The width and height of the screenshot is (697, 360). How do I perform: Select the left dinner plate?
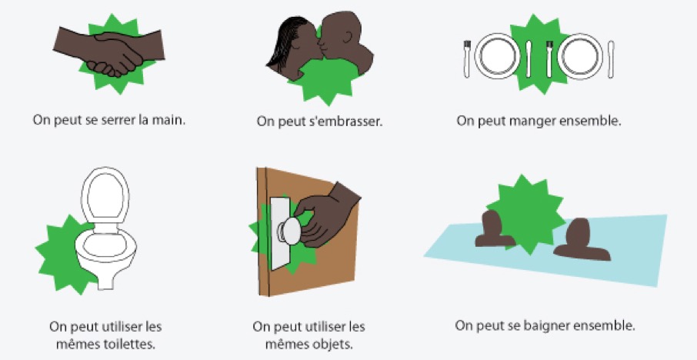[497, 56]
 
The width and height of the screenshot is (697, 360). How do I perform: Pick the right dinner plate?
[580, 56]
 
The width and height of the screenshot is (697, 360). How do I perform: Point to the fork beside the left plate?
[467, 58]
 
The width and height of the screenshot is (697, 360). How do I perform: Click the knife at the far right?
[611, 59]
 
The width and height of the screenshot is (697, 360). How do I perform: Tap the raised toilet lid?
[105, 195]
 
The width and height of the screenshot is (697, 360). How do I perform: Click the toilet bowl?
[106, 253]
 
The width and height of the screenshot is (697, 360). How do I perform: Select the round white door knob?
[290, 231]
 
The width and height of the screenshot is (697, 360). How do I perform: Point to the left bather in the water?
[494, 229]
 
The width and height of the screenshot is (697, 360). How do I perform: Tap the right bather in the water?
[580, 240]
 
